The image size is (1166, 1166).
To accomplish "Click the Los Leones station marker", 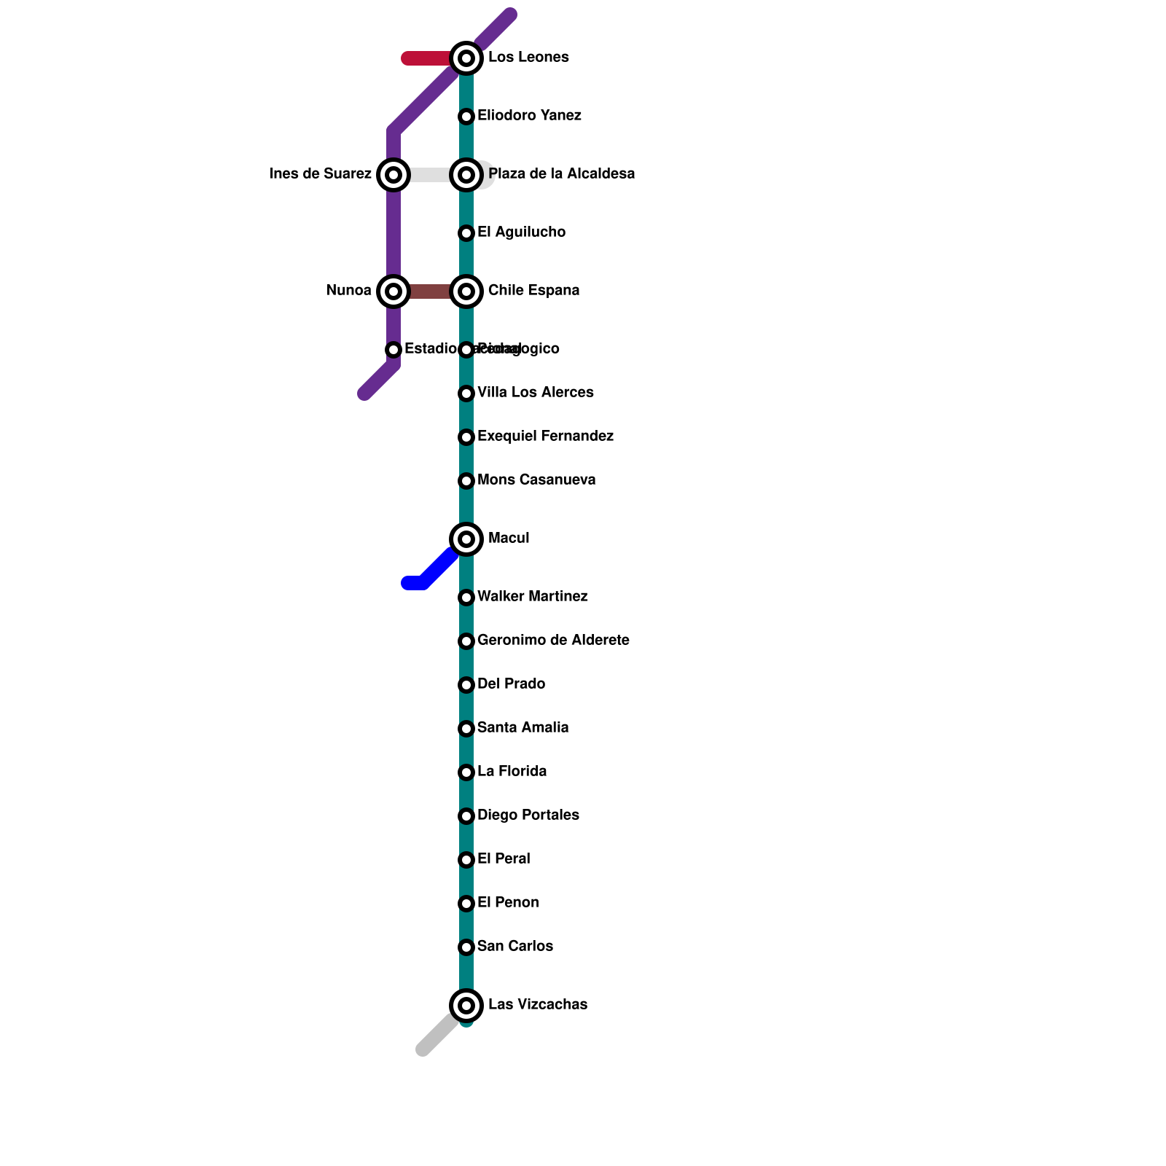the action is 466,58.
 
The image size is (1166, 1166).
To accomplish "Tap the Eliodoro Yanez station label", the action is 529,116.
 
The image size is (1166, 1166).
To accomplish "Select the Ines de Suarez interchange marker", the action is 394,174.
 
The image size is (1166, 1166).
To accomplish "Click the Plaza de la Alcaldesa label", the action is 561,174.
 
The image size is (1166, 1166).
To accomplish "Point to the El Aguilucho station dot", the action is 466,232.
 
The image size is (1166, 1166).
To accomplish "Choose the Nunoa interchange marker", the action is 394,291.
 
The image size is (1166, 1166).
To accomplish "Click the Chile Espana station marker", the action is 466,291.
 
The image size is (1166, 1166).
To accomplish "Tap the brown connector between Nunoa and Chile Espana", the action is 430,291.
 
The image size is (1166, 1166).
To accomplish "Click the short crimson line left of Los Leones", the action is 426,58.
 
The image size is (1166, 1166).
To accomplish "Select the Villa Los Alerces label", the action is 535,393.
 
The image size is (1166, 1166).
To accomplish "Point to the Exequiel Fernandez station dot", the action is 466,437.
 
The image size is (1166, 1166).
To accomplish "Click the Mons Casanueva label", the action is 536,480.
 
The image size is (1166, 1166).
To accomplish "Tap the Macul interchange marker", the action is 466,539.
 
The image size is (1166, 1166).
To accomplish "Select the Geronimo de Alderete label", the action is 553,641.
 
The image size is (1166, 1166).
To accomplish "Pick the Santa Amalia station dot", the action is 466,728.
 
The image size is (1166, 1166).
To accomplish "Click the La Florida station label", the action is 512,772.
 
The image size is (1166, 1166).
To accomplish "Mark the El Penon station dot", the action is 466,903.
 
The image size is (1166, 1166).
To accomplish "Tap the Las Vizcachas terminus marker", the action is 466,1005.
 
